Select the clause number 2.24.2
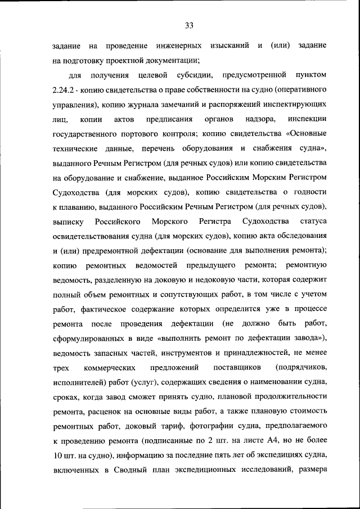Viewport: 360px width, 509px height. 68,90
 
